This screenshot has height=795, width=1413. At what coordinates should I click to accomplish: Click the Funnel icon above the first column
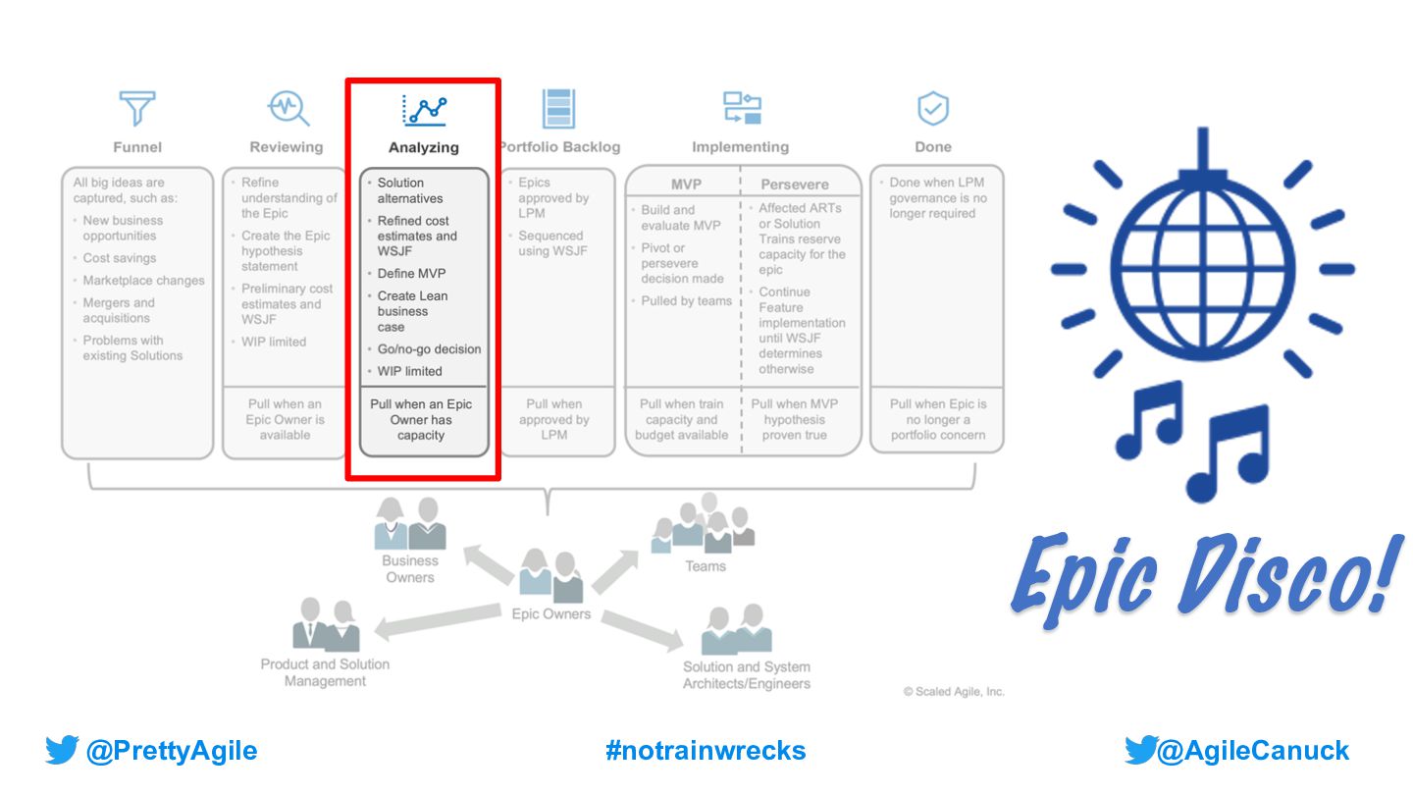point(137,108)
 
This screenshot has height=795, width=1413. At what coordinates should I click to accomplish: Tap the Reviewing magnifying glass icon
point(288,108)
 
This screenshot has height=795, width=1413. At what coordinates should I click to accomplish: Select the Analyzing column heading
point(423,147)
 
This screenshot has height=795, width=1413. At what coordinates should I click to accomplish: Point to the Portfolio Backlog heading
point(559,147)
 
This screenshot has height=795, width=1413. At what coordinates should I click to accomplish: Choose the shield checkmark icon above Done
point(932,108)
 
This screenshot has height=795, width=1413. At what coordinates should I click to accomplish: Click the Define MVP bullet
point(411,274)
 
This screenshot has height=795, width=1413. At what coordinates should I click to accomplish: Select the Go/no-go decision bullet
point(429,349)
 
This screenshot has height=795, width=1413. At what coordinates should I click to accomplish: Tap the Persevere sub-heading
point(794,185)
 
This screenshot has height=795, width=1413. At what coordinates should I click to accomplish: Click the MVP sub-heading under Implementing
point(686,185)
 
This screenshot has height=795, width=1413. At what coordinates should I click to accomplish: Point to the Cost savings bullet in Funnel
point(119,258)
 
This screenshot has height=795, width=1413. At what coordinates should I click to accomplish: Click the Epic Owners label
point(551,614)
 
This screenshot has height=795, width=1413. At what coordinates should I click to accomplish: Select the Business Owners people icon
point(410,524)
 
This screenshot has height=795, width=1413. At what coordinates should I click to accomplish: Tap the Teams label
point(706,566)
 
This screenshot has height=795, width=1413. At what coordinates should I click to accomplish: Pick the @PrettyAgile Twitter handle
point(171,752)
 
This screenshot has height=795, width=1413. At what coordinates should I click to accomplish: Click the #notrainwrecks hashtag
point(706,752)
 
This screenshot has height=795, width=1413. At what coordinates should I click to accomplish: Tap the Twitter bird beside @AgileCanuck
point(1140,752)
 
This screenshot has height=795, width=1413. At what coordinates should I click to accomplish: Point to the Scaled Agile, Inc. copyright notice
point(954,692)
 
